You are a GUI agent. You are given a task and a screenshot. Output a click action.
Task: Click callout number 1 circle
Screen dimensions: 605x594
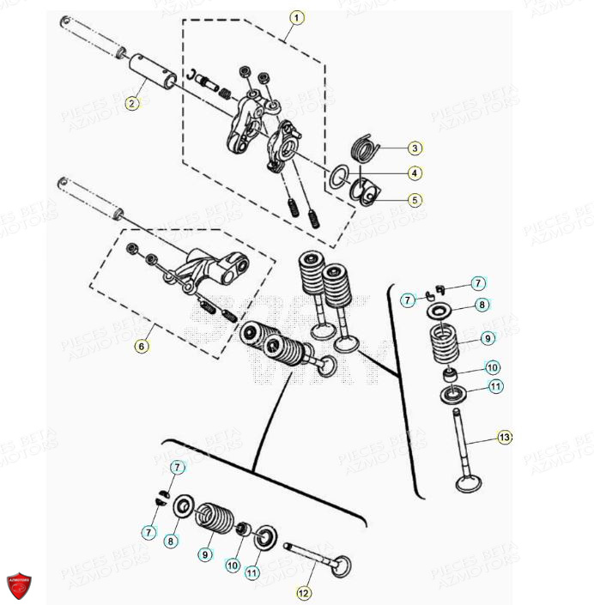pos(297,16)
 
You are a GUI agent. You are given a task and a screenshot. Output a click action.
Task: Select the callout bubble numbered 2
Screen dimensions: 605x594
pos(131,104)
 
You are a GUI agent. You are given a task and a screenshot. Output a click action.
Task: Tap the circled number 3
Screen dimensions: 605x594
pos(415,147)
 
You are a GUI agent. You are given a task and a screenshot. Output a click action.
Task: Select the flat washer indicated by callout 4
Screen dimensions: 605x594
pos(340,175)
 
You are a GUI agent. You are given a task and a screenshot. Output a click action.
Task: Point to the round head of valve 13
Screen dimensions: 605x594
pos(470,481)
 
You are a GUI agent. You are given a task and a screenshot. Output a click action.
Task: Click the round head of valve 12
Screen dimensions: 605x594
pos(343,566)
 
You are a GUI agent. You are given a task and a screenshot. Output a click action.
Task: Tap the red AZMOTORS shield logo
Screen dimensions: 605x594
pos(19,588)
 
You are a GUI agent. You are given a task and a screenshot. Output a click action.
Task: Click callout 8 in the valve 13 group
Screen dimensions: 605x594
pos(482,304)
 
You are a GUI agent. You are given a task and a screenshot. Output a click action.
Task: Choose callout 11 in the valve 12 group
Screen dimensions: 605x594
pos(252,572)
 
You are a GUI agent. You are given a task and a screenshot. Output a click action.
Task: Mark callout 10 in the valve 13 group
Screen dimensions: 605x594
pos(492,367)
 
